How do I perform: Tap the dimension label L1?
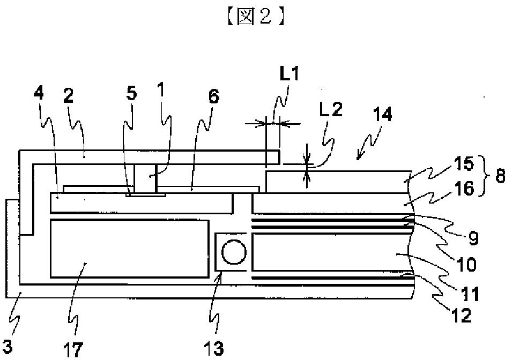tap(289, 74)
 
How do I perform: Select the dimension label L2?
tap(330, 110)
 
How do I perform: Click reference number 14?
tap(382, 114)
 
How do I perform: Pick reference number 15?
tap(464, 163)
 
